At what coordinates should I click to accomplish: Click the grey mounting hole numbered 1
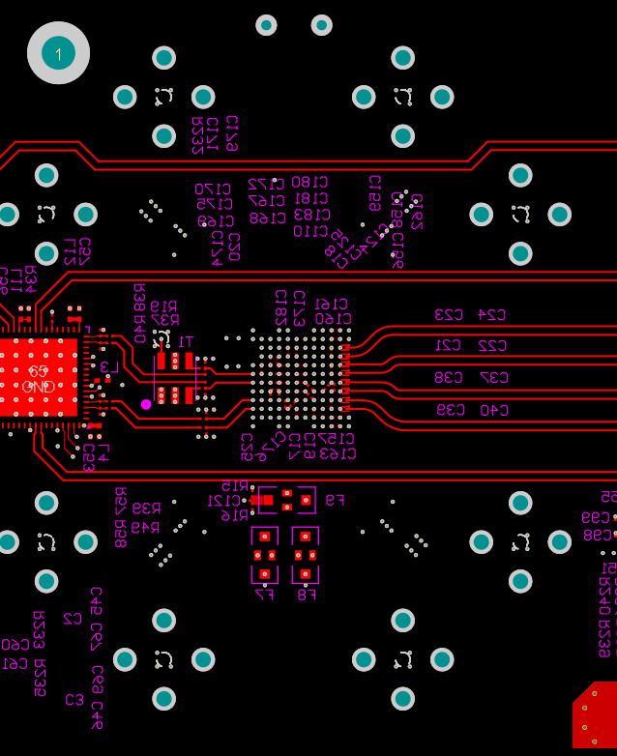click(58, 53)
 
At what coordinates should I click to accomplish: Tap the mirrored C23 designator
click(449, 315)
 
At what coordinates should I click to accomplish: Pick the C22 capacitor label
click(491, 346)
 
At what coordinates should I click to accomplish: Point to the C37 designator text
click(491, 378)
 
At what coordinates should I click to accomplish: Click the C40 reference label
click(491, 410)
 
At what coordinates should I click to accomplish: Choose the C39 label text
click(449, 410)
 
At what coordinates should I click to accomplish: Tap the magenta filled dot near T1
click(146, 404)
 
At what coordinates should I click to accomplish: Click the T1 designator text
click(186, 341)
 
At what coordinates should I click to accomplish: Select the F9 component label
click(335, 501)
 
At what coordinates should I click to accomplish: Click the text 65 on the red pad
click(38, 371)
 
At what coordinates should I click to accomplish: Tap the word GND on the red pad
click(38, 387)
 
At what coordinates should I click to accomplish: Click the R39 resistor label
click(146, 509)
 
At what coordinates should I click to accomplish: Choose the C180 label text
click(309, 183)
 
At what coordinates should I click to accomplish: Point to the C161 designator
click(332, 305)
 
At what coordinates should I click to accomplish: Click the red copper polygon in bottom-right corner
click(597, 715)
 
